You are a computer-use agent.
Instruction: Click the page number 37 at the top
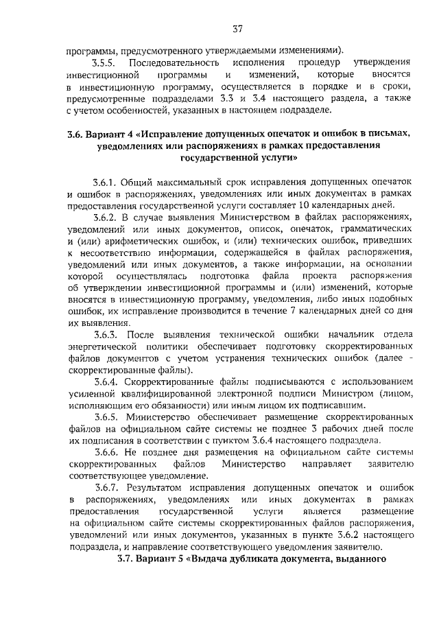(x=237, y=29)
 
